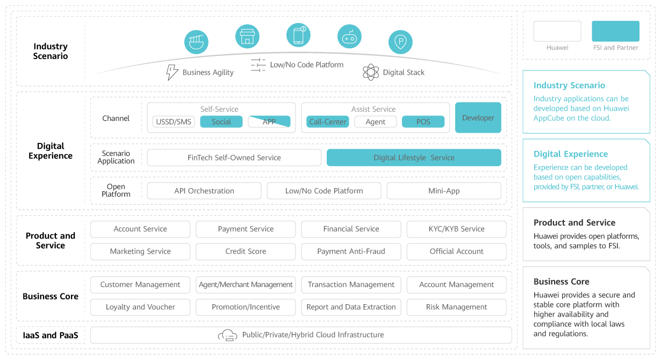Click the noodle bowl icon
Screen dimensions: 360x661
pyautogui.click(x=196, y=42)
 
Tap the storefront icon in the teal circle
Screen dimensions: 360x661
pyautogui.click(x=247, y=37)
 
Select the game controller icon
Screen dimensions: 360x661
pyautogui.click(x=349, y=37)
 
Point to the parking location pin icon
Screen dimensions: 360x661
pyautogui.click(x=400, y=42)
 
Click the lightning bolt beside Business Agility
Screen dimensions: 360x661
pyautogui.click(x=172, y=73)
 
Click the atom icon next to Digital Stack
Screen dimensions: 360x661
pyautogui.click(x=371, y=73)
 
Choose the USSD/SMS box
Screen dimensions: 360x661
pyautogui.click(x=174, y=122)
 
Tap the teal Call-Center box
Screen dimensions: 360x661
pyautogui.click(x=328, y=122)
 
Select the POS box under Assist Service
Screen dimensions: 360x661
pyautogui.click(x=423, y=122)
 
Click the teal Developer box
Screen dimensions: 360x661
pyautogui.click(x=478, y=118)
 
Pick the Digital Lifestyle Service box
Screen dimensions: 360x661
pyautogui.click(x=414, y=158)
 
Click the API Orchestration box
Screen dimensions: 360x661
pyautogui.click(x=204, y=191)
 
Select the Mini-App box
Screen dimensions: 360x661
pyautogui.click(x=444, y=191)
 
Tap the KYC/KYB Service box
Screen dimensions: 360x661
pyautogui.click(x=457, y=229)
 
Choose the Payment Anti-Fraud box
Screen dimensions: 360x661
pyautogui.click(x=351, y=251)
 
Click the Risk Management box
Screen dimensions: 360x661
pyautogui.click(x=457, y=307)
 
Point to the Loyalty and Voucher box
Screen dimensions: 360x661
pyautogui.click(x=140, y=307)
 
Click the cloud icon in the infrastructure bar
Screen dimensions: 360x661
pyautogui.click(x=227, y=335)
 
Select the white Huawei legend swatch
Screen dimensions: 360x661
pyautogui.click(x=557, y=31)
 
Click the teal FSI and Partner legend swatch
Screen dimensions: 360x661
pyautogui.click(x=615, y=31)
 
